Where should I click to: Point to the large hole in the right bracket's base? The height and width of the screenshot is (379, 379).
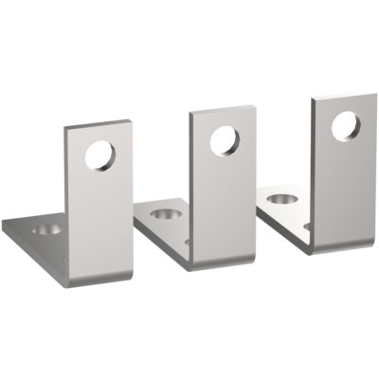[279, 200]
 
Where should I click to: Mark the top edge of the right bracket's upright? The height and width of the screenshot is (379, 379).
[342, 92]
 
